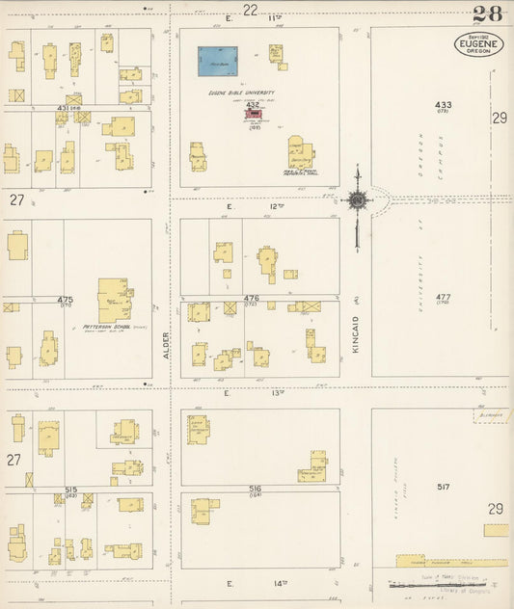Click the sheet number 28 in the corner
pyautogui.click(x=488, y=13)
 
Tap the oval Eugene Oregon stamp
pyautogui.click(x=477, y=44)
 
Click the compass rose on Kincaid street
pyautogui.click(x=358, y=199)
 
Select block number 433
pyautogui.click(x=444, y=104)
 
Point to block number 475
pyautogui.click(x=66, y=300)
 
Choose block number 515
pyautogui.click(x=70, y=490)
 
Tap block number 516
pyautogui.click(x=255, y=490)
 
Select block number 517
pyautogui.click(x=444, y=488)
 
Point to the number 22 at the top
pyautogui.click(x=251, y=10)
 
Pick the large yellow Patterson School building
pyautogui.click(x=114, y=300)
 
